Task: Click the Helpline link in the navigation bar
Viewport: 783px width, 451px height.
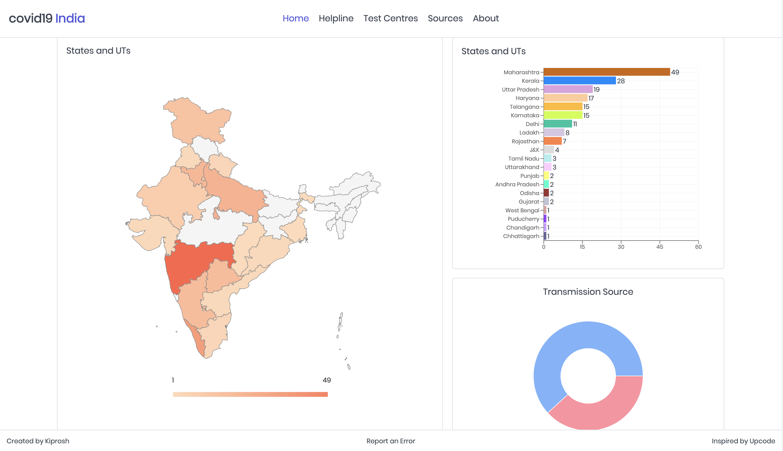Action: point(336,18)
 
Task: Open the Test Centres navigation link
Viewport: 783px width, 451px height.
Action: point(390,18)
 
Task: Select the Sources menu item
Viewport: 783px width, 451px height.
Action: point(445,18)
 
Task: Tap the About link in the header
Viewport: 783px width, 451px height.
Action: point(486,18)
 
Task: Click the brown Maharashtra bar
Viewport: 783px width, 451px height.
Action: point(606,72)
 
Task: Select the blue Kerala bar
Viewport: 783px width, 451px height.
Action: point(579,81)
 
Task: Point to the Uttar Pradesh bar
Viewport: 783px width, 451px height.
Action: point(568,89)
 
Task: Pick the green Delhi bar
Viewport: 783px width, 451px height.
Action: point(557,124)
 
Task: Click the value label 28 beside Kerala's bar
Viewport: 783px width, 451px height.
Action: point(621,81)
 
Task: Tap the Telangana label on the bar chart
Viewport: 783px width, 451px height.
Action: point(524,107)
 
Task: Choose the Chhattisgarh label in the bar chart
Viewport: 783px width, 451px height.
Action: point(521,236)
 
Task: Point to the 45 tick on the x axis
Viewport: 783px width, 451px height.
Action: point(659,247)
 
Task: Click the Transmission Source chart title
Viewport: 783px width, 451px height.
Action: point(588,292)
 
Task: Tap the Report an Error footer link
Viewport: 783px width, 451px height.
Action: point(390,441)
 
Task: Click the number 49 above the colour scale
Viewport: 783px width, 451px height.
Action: point(326,380)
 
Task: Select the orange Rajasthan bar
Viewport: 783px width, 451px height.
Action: point(552,141)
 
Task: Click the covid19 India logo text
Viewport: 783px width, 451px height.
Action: point(47,18)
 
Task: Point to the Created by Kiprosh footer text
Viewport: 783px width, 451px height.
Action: point(38,441)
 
